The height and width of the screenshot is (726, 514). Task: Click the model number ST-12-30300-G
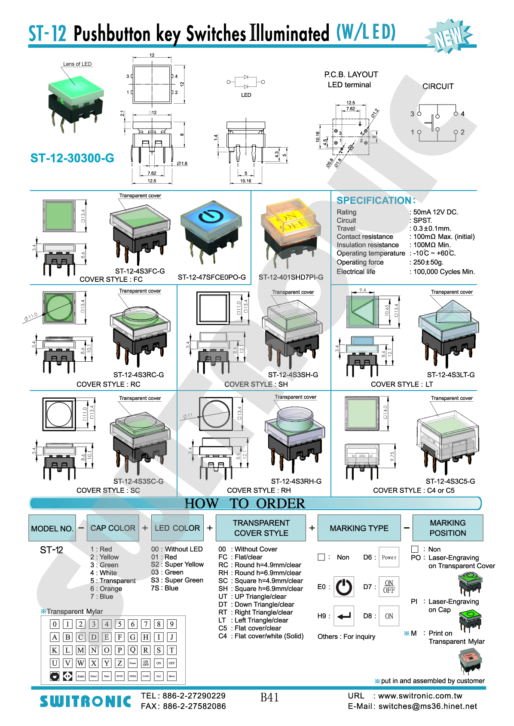click(72, 158)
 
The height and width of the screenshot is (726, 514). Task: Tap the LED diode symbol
click(246, 82)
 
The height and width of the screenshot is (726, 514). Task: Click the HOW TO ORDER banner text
click(245, 503)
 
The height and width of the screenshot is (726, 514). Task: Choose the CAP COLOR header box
click(113, 528)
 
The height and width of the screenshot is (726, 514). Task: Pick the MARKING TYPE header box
click(359, 528)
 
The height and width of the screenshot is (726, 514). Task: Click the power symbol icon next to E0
click(344, 587)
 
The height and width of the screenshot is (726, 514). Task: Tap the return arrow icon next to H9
click(344, 616)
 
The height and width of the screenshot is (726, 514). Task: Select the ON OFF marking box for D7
click(389, 587)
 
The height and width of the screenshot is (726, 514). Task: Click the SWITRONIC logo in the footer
click(85, 701)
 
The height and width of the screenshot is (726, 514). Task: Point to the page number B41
click(269, 697)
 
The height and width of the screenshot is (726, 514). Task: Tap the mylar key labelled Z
click(120, 663)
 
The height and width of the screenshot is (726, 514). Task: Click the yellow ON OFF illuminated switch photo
click(291, 228)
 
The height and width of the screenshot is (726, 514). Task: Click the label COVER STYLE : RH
click(259, 490)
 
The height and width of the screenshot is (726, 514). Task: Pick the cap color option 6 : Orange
click(106, 589)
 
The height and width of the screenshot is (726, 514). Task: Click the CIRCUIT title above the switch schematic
click(438, 86)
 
